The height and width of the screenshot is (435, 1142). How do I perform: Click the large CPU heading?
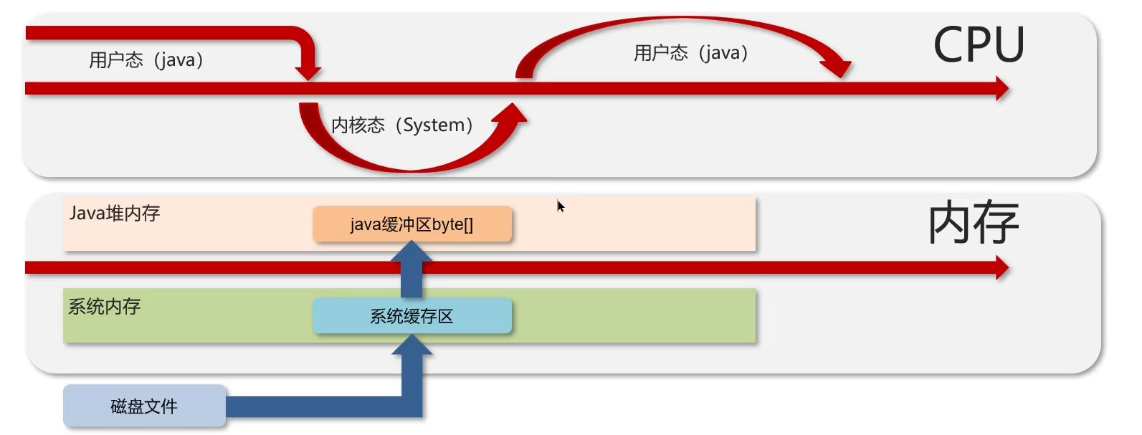[979, 45]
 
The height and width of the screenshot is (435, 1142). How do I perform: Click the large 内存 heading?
[973, 223]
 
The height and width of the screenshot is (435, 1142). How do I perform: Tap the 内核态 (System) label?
[401, 125]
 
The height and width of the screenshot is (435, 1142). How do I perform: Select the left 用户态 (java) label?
[146, 60]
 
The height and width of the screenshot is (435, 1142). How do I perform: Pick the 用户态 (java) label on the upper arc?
[691, 53]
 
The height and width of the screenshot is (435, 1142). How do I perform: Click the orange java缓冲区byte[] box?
[412, 224]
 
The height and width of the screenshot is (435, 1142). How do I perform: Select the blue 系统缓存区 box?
[412, 316]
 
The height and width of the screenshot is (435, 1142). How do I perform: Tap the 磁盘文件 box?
[144, 406]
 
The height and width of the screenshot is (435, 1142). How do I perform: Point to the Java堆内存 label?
[115, 214]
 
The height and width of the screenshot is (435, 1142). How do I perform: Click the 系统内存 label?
[105, 307]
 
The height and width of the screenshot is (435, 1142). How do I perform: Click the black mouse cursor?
[561, 206]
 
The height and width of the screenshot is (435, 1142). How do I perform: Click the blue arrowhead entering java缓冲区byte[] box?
[411, 252]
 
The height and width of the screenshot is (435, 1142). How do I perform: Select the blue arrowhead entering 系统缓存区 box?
[411, 345]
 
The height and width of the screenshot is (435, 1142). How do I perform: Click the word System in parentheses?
[433, 125]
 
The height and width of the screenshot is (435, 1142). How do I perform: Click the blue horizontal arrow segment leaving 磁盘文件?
[315, 406]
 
